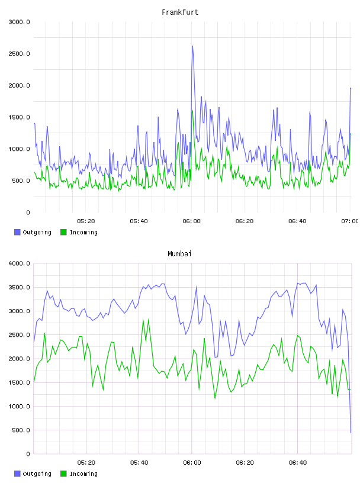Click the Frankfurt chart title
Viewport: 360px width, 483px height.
[x=180, y=12]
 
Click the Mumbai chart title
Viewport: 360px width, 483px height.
[x=179, y=254]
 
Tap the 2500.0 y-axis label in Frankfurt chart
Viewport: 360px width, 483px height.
[x=20, y=54]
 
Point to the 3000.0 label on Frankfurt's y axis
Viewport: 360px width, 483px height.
[x=20, y=22]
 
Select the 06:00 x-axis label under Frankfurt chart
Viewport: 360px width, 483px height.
[x=191, y=221]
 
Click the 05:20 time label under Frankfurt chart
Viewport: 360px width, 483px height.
[x=86, y=221]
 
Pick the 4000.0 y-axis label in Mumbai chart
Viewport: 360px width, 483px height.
[x=20, y=263]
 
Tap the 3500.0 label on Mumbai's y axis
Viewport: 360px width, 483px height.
[x=20, y=288]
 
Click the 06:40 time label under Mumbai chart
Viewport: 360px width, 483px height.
[x=298, y=463]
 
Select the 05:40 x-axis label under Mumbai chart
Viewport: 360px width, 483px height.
[x=139, y=463]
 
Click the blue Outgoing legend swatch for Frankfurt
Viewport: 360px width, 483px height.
[x=17, y=232]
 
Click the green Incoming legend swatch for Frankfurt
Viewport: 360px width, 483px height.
[x=63, y=232]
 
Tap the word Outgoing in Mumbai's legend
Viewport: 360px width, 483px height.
[x=37, y=474]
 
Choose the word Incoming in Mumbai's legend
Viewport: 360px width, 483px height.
[x=83, y=474]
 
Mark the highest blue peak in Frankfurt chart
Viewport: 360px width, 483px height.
[x=192, y=46]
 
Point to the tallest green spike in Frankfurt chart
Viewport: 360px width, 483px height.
[x=192, y=111]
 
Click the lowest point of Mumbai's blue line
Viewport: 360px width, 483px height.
[x=351, y=433]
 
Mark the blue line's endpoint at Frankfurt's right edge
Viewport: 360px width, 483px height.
[x=351, y=88]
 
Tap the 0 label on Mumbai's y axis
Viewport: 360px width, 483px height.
[x=28, y=454]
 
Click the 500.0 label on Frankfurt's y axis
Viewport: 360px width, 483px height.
[x=21, y=181]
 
